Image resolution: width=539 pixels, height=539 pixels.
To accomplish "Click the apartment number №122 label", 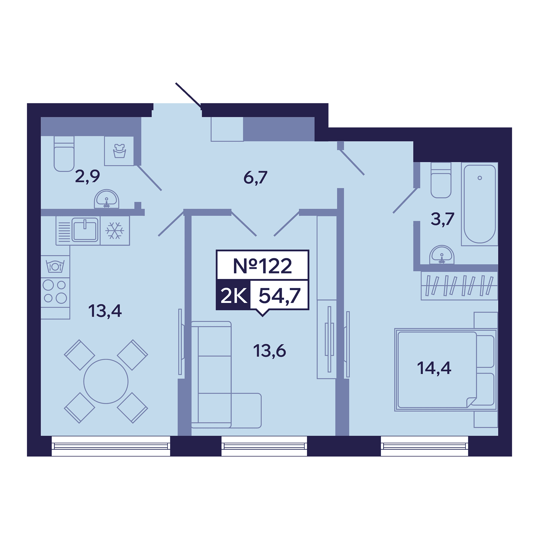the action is [x=262, y=266].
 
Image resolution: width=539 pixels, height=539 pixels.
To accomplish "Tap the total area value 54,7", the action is [x=279, y=296].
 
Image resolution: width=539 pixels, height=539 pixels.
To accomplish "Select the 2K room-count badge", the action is [x=233, y=295].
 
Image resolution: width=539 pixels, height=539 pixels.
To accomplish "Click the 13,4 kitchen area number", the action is [x=105, y=311].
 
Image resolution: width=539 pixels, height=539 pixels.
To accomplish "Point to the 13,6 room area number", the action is [x=269, y=351].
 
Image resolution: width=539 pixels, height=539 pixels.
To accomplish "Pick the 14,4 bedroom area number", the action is [x=434, y=368].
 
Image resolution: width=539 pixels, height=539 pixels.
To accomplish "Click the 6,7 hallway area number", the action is [x=255, y=177].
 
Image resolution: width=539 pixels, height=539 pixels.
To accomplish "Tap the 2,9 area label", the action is [x=87, y=176].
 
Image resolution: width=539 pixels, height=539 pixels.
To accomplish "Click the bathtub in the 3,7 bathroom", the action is [x=480, y=204].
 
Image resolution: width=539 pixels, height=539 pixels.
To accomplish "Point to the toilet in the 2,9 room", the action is [x=64, y=154].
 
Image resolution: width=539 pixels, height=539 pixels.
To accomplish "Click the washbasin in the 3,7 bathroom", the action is [x=442, y=255].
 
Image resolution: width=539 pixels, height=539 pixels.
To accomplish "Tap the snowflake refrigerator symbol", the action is [x=115, y=231].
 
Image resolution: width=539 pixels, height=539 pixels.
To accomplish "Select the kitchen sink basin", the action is [x=85, y=230].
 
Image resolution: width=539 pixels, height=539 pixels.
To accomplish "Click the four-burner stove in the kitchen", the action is [x=55, y=292].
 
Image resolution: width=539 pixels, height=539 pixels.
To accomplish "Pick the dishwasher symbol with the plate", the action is [x=55, y=267].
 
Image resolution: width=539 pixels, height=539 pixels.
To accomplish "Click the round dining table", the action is [x=106, y=381].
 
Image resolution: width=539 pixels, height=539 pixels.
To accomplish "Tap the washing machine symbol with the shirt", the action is [x=119, y=151].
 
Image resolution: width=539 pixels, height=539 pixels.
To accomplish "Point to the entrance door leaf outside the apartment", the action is [x=188, y=95].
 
